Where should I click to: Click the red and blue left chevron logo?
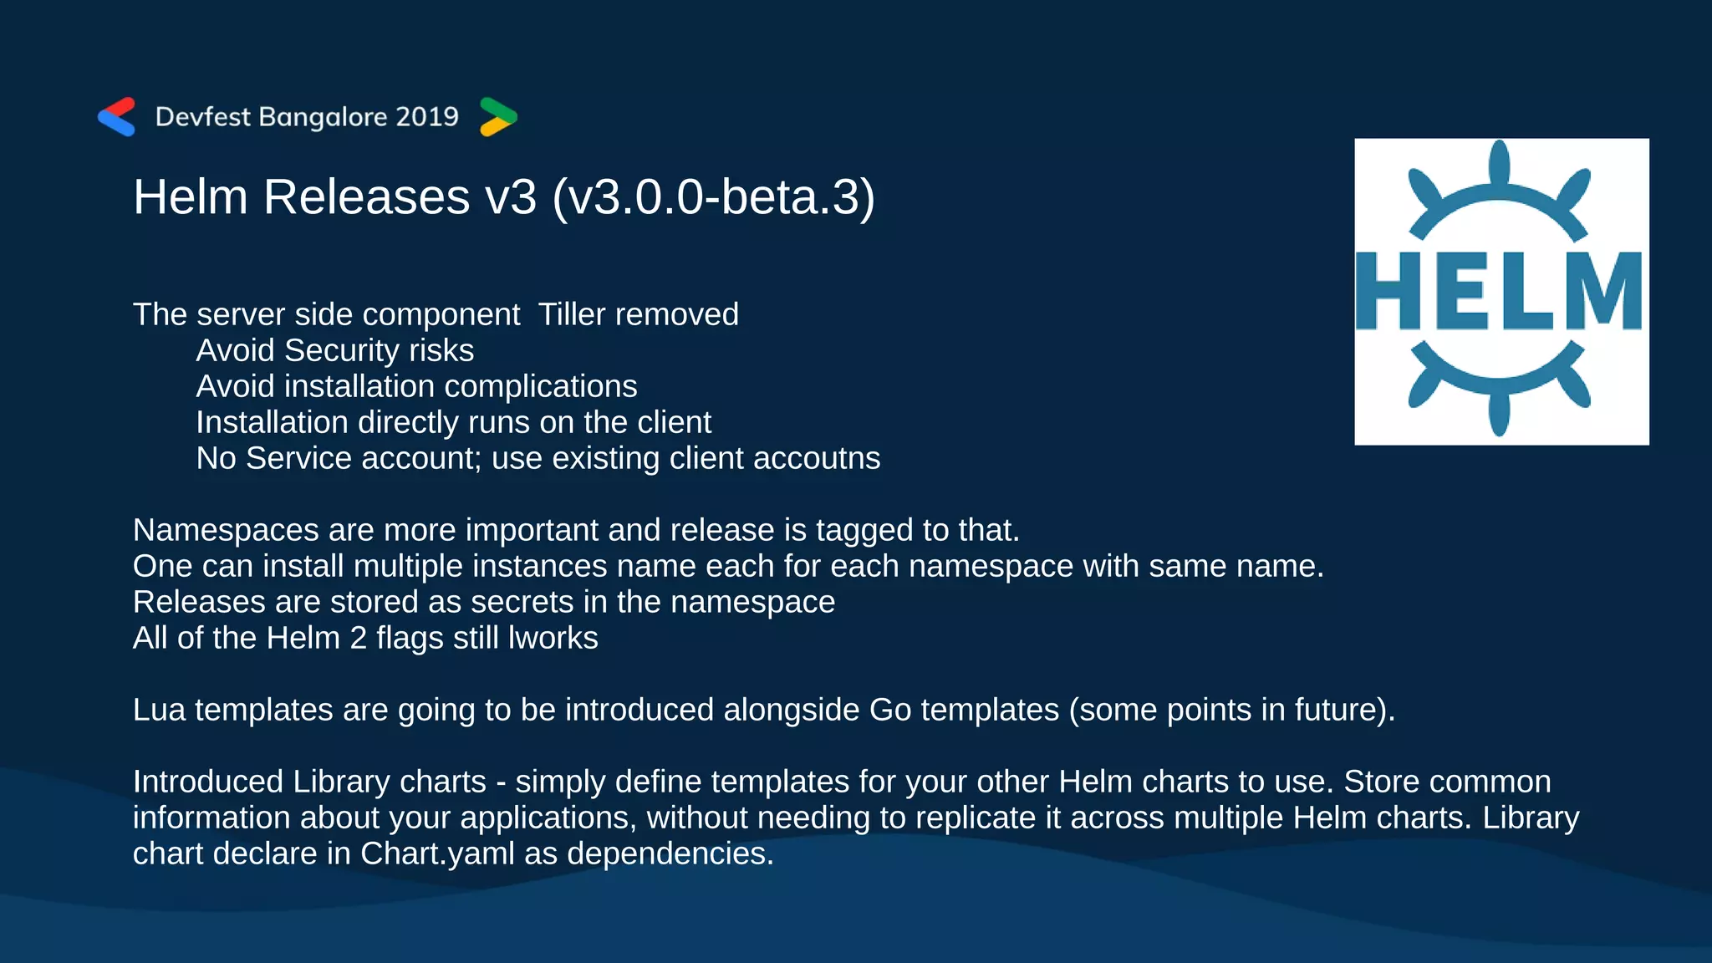[116, 117]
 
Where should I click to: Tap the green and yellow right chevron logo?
[498, 117]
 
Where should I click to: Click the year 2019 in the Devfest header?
[427, 116]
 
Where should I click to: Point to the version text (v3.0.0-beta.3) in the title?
[713, 197]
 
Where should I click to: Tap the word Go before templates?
[890, 710]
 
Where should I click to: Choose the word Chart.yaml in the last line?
[437, 853]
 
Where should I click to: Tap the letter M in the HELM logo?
[1601, 291]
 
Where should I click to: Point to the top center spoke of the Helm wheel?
[1499, 163]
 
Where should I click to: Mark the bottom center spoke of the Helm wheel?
[1499, 413]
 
